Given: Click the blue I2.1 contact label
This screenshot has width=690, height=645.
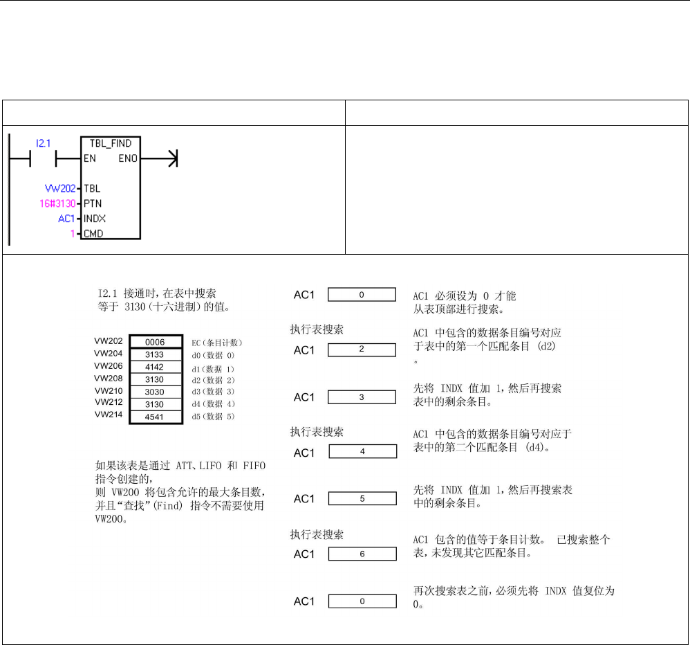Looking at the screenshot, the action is click(x=44, y=143).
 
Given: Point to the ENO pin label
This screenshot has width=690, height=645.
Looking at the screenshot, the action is click(x=129, y=158).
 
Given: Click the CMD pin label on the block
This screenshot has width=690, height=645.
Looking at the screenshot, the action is click(x=93, y=234).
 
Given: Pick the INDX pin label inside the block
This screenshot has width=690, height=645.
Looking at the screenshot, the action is click(x=94, y=219).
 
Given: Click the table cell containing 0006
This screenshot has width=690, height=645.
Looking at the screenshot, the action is click(x=154, y=342).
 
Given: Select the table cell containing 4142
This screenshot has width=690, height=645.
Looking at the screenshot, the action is click(x=154, y=367).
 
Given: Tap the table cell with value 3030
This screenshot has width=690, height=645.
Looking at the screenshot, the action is click(x=154, y=392).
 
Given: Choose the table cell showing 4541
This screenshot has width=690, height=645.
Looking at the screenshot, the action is click(x=154, y=417).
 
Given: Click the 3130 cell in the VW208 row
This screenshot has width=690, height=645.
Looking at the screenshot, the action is click(x=154, y=379).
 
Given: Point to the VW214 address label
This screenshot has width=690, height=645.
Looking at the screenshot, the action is click(x=108, y=415).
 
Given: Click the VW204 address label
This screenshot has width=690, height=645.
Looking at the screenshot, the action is click(x=108, y=353).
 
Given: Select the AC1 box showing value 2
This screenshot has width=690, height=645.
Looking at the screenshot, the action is click(x=362, y=349).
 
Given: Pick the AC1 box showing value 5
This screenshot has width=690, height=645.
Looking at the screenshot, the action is click(x=362, y=498).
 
